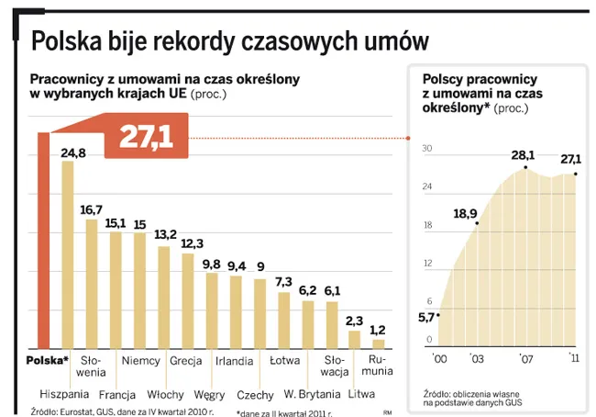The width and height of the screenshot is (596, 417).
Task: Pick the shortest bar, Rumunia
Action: pyautogui.click(x=378, y=344)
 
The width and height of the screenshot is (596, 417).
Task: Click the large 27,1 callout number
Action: pyautogui.click(x=146, y=137)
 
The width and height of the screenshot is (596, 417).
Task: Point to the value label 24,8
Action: pyautogui.click(x=73, y=152)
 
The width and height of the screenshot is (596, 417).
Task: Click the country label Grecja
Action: pyautogui.click(x=186, y=361)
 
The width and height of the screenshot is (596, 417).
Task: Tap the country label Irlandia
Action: pyautogui.click(x=234, y=361)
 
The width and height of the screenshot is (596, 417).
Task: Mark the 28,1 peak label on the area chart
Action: pyautogui.click(x=523, y=155)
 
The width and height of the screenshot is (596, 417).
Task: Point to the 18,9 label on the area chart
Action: pyautogui.click(x=466, y=214)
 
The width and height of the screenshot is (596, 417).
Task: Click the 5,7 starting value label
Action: pyautogui.click(x=426, y=318)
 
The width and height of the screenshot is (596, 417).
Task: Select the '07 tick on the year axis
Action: pyautogui.click(x=525, y=356)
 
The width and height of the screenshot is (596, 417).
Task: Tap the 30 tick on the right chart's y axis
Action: pyautogui.click(x=426, y=149)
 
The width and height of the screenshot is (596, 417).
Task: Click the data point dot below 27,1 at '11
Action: pyautogui.click(x=575, y=174)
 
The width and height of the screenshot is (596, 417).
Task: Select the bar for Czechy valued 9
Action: pyautogui.click(x=259, y=313)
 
